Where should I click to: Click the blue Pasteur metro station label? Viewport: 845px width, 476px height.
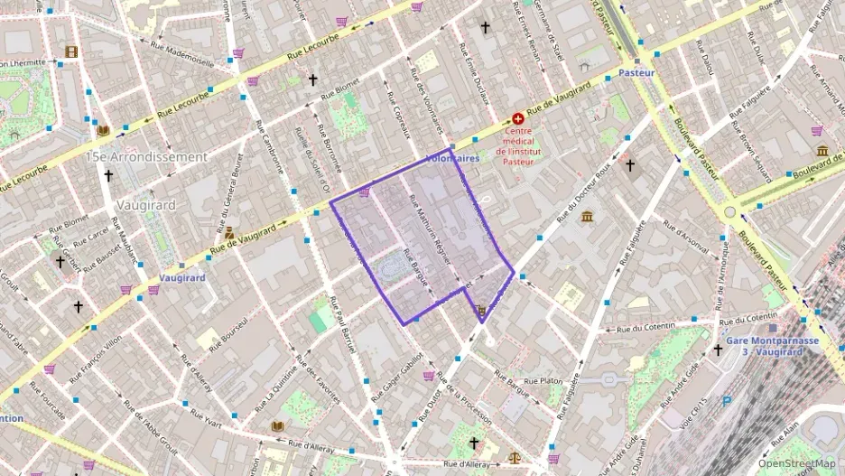tap(636, 70)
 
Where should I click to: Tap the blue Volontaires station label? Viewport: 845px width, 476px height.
tap(451, 159)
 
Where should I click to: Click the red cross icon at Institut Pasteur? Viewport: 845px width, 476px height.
tap(518, 118)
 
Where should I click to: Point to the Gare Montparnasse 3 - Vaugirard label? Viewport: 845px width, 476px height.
tap(772, 346)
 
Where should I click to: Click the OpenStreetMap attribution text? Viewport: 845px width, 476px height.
tap(796, 463)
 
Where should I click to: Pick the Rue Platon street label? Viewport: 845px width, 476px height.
tap(543, 381)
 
